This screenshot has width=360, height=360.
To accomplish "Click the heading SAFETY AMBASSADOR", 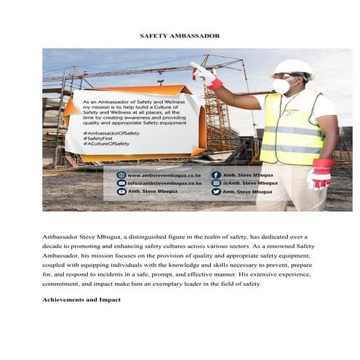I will tap(180, 36).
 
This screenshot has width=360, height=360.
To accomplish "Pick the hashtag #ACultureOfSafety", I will tap(106, 144).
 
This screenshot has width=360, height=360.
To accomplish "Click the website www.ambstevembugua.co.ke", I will tap(164, 175).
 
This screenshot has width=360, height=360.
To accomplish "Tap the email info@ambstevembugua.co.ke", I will tap(164, 183).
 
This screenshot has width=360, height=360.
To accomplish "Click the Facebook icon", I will tap(216, 175).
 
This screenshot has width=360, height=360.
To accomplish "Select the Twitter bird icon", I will tap(216, 191).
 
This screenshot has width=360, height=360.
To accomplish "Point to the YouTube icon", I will tap(121, 191).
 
